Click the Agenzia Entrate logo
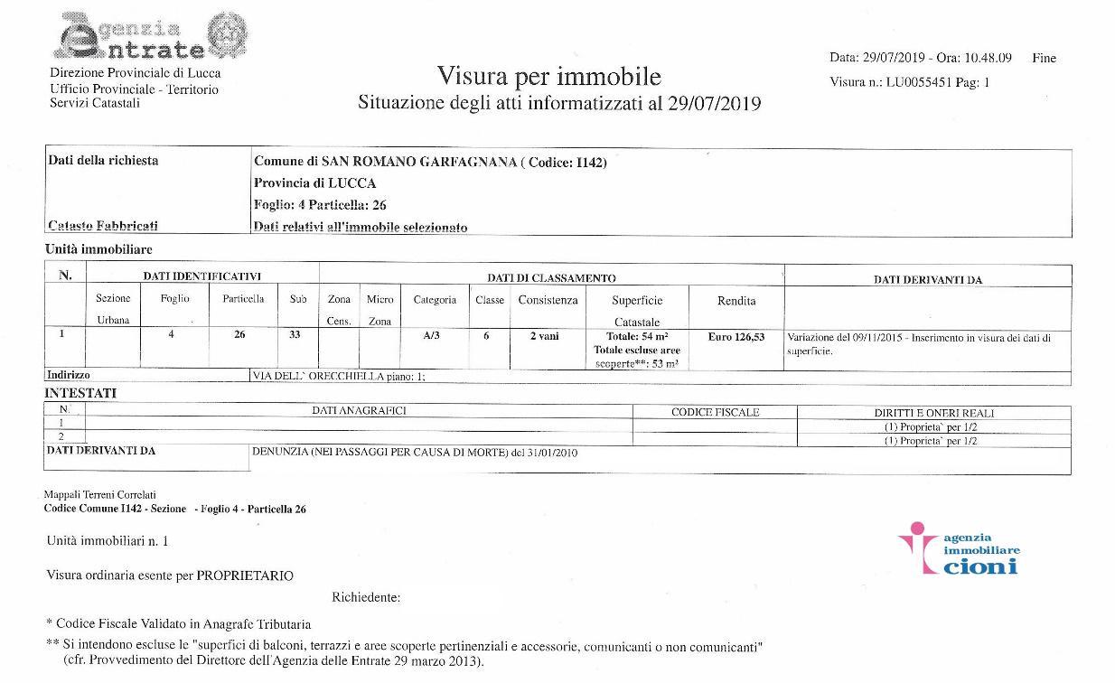(x=149, y=38)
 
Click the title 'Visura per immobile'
(x=548, y=76)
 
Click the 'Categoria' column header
(x=435, y=300)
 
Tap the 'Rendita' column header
(x=736, y=301)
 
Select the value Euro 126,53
(x=736, y=337)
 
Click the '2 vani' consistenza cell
(x=544, y=336)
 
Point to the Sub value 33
(x=298, y=336)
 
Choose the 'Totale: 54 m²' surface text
(x=637, y=336)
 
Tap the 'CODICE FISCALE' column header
(x=715, y=412)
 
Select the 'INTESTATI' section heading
(x=80, y=393)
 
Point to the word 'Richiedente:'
(x=366, y=597)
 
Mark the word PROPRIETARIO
(x=245, y=575)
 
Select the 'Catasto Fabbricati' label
(x=102, y=226)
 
